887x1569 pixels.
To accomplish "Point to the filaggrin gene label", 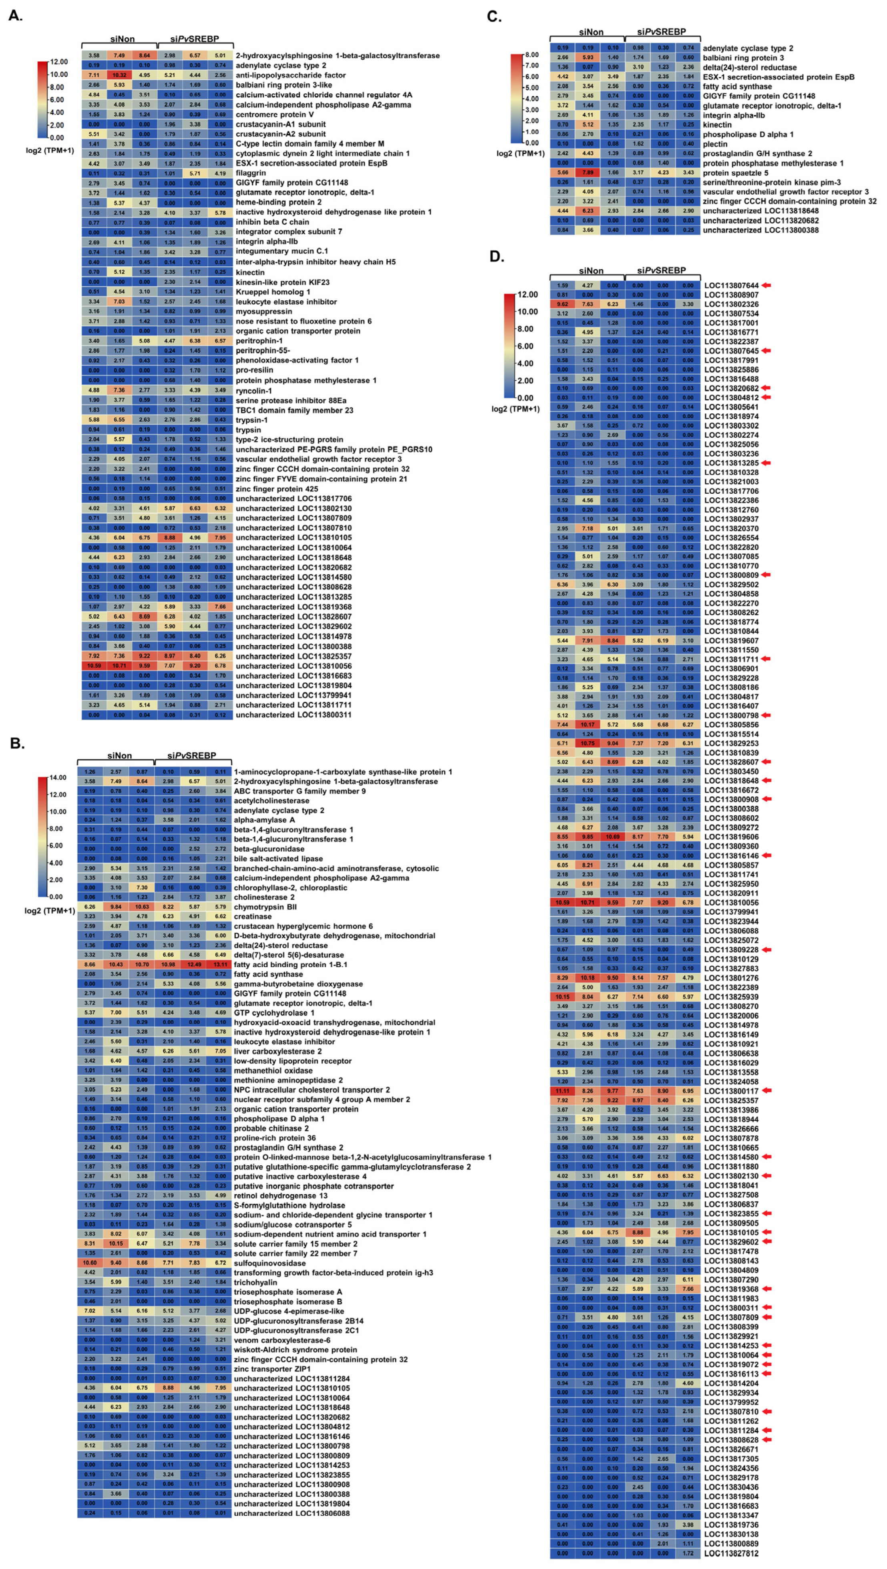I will click(x=251, y=173).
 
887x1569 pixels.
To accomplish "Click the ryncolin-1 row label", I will click(x=254, y=390).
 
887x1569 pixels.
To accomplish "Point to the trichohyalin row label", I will click(x=255, y=1282).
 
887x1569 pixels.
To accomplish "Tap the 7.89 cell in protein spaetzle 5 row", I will click(x=588, y=173).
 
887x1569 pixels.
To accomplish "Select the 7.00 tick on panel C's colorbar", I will click(x=531, y=65).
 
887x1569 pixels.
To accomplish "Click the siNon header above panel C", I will click(x=591, y=32).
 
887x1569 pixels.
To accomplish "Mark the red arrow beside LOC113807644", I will click(x=766, y=285).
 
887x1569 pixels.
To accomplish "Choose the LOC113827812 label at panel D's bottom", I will click(x=732, y=1553).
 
